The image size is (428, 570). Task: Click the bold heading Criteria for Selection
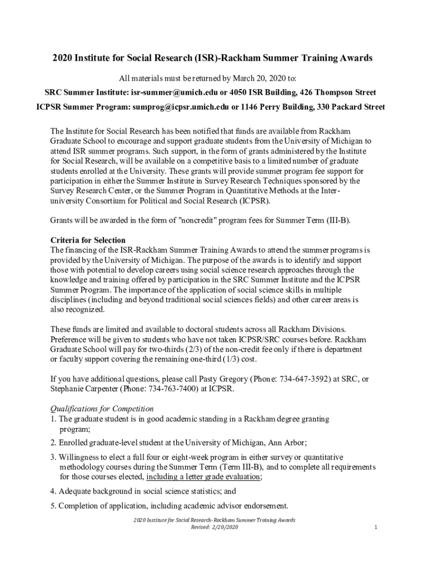[x=88, y=240]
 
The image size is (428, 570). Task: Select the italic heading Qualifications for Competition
[x=102, y=409]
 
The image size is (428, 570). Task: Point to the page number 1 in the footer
[x=376, y=527]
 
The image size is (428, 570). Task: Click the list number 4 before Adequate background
[x=53, y=492]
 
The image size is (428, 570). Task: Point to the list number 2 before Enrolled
[x=53, y=443]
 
